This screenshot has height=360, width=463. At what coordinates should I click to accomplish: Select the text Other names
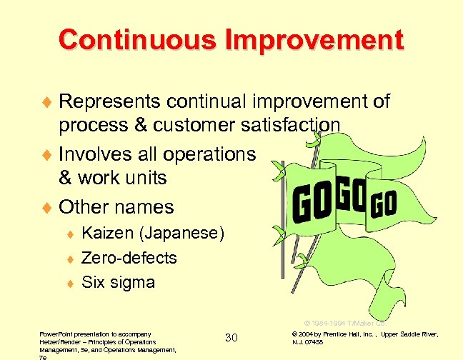116,207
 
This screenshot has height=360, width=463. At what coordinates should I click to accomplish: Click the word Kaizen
107,233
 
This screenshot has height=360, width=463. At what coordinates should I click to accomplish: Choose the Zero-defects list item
129,257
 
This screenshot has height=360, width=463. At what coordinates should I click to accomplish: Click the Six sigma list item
119,281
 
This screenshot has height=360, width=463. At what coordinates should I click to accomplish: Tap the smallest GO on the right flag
384,203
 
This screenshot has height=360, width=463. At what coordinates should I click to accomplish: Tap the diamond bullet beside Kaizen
72,234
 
